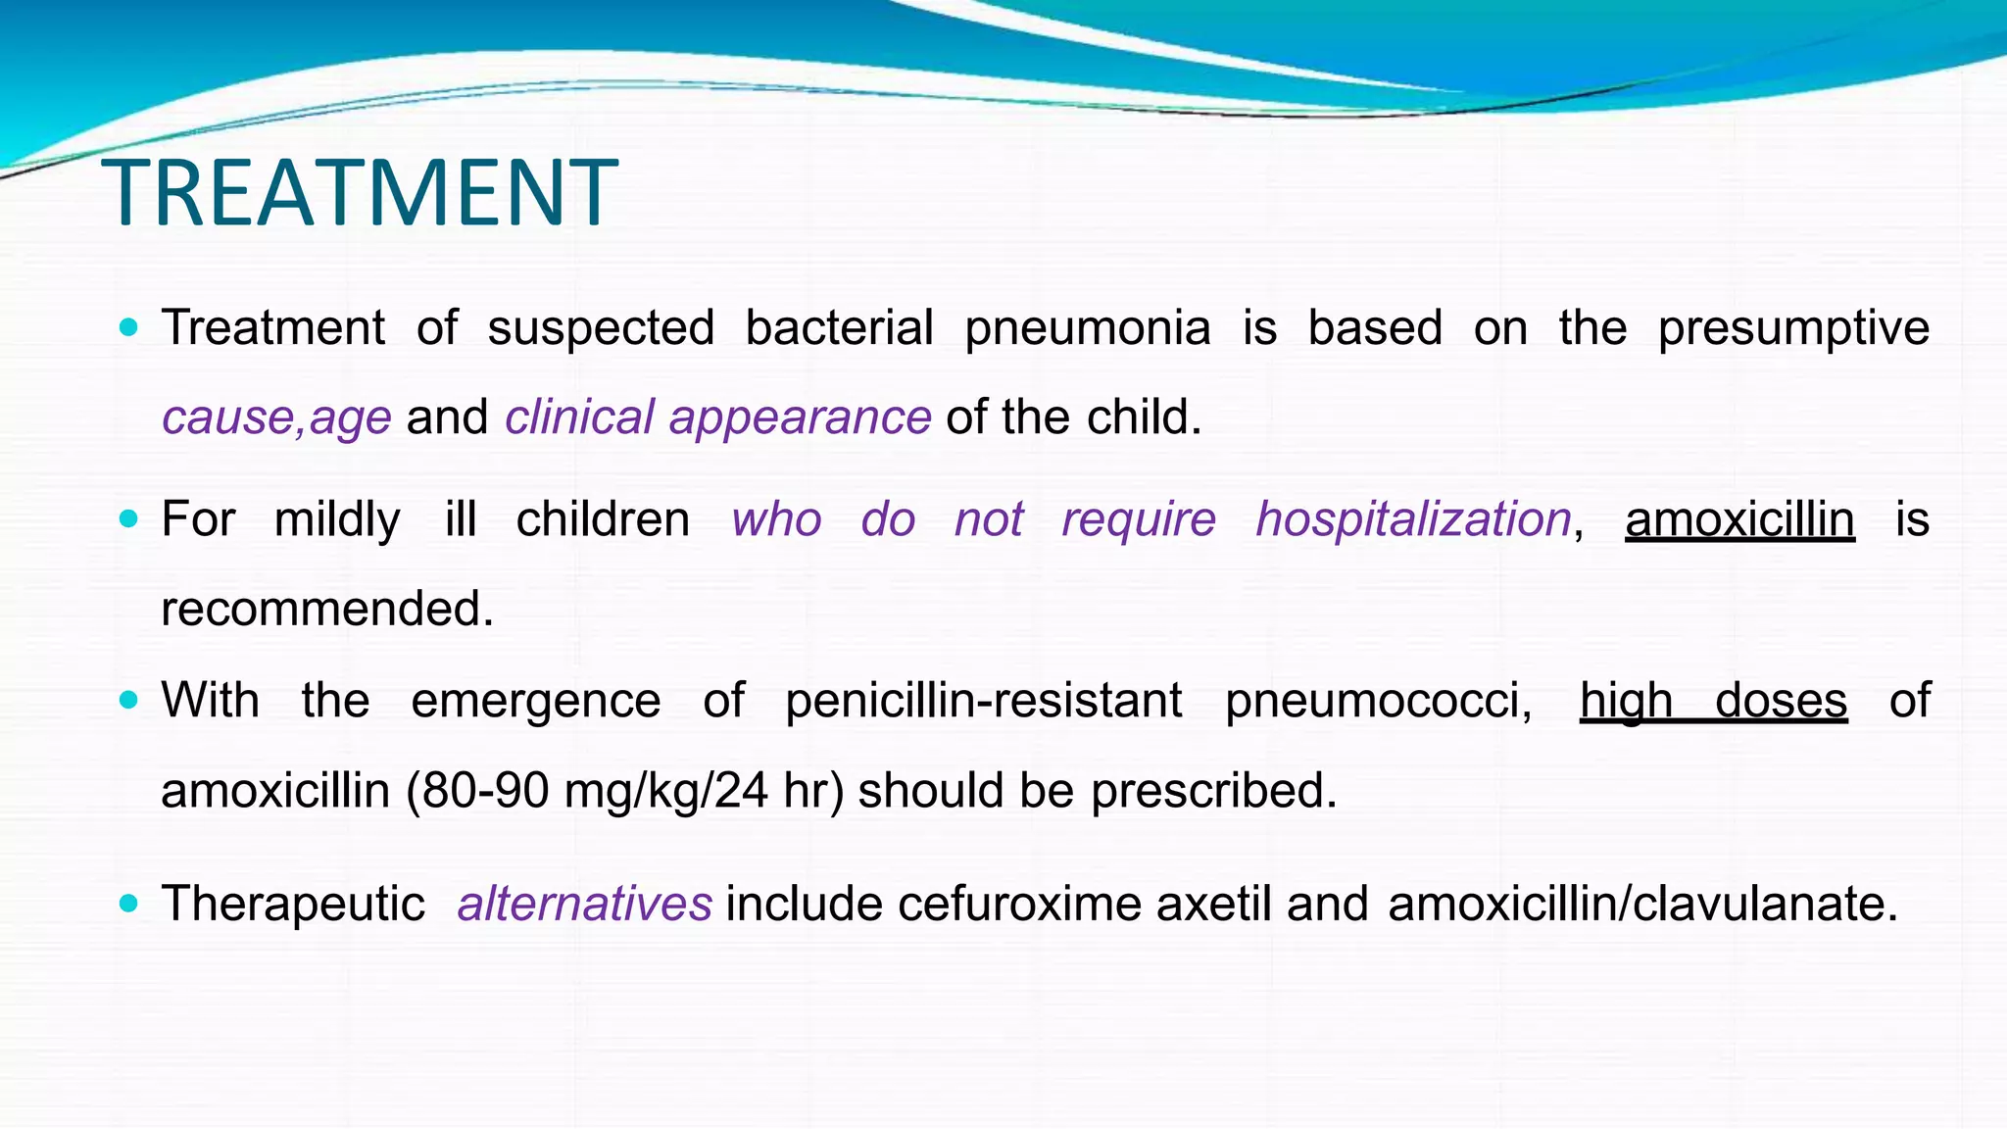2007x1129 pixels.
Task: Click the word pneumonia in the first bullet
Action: [x=1088, y=328]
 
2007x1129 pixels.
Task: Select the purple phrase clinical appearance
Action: [x=717, y=417]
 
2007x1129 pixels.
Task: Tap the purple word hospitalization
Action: [x=1413, y=519]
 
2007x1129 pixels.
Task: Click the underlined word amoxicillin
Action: [x=1739, y=519]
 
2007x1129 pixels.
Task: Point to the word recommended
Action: [x=327, y=609]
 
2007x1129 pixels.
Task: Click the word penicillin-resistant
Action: [x=984, y=701]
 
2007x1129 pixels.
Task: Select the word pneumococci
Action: [x=1378, y=701]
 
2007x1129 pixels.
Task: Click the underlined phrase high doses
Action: [x=1713, y=701]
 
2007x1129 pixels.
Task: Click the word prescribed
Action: [x=1214, y=791]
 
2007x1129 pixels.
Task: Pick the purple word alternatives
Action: [x=584, y=904]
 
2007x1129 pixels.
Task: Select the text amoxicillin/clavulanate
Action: [x=1642, y=904]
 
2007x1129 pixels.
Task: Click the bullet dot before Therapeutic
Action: [x=128, y=903]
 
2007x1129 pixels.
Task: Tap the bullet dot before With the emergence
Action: [x=128, y=700]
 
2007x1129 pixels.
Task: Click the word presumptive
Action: [x=1793, y=328]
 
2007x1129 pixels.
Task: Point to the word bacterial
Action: [x=839, y=328]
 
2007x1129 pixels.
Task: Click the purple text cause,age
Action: [x=276, y=417]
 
